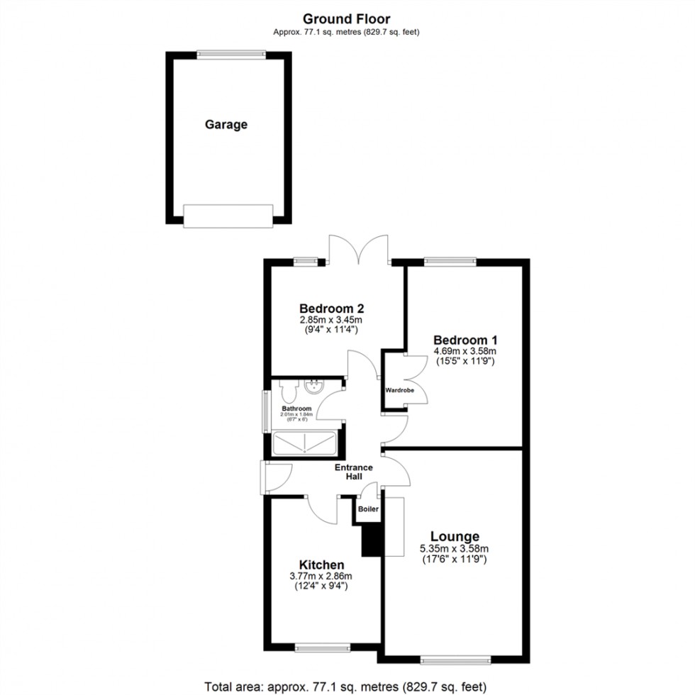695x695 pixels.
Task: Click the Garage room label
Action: point(226,125)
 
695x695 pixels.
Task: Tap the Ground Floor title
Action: point(347,18)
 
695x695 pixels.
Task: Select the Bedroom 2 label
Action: point(331,308)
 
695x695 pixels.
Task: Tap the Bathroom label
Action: point(296,409)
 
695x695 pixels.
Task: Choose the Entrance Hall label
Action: point(353,472)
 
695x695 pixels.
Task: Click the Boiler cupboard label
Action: point(368,509)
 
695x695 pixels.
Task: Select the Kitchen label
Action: point(321,565)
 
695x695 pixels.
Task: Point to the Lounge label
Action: point(455,537)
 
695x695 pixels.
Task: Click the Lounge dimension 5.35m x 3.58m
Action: point(455,548)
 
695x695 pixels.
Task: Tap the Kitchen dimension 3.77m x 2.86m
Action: point(321,576)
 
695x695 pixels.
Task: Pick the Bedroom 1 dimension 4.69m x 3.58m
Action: point(465,351)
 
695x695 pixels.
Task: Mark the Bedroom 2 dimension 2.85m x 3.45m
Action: point(331,320)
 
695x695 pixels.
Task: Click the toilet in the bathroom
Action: point(287,390)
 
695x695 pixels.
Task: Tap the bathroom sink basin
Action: point(313,387)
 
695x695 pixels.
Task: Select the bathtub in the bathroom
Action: point(305,444)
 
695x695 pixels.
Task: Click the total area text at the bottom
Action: point(346,686)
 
